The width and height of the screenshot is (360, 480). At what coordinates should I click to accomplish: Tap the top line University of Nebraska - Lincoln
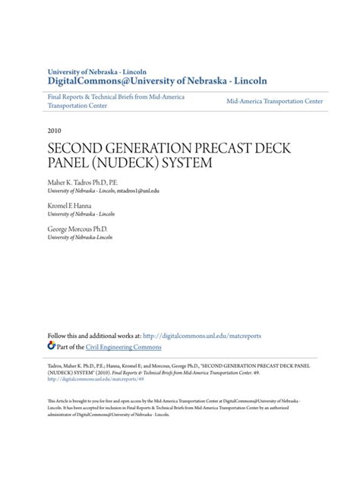[98, 68]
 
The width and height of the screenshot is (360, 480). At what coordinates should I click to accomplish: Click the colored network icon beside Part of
[52, 346]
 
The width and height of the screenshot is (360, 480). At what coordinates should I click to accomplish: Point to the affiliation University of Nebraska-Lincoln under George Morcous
[84, 238]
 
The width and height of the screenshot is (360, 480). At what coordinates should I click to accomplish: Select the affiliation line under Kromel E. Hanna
[84, 216]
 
